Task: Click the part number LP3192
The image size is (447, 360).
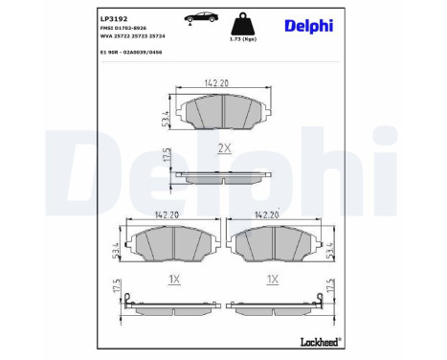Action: (x=114, y=17)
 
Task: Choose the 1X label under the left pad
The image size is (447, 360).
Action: (x=173, y=280)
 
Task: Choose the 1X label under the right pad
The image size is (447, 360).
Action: (x=272, y=280)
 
